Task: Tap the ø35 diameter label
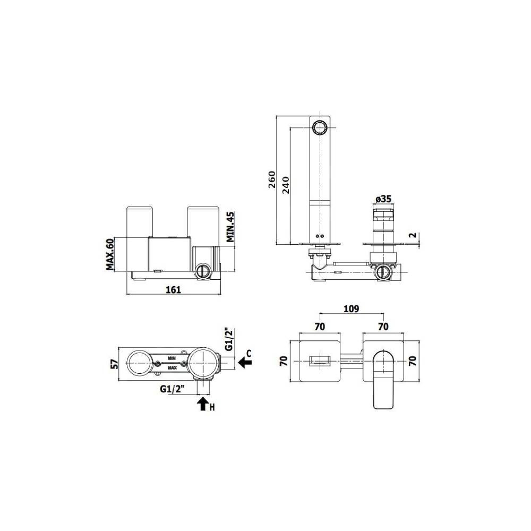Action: pos(383,199)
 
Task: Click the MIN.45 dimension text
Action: pos(230,227)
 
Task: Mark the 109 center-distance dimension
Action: pos(351,308)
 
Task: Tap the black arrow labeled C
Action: pos(245,362)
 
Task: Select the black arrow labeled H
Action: pos(203,405)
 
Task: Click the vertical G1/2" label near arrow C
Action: pos(229,339)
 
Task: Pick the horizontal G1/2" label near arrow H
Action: pos(172,389)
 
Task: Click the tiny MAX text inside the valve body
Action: pos(172,367)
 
